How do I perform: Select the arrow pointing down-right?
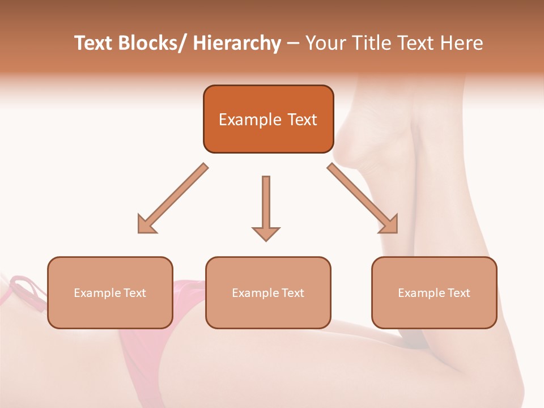tap(363, 199)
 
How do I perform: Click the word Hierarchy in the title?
tap(236, 44)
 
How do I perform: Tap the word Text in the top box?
tap(301, 120)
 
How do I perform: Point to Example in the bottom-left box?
tap(97, 293)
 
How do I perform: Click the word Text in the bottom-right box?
tap(458, 293)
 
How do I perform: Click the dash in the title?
tap(293, 44)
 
